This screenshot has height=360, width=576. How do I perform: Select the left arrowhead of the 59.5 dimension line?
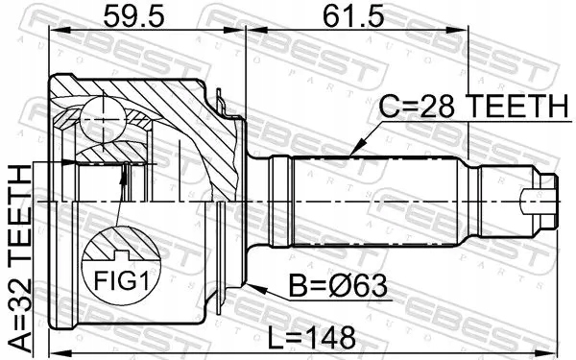coord(53,31)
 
